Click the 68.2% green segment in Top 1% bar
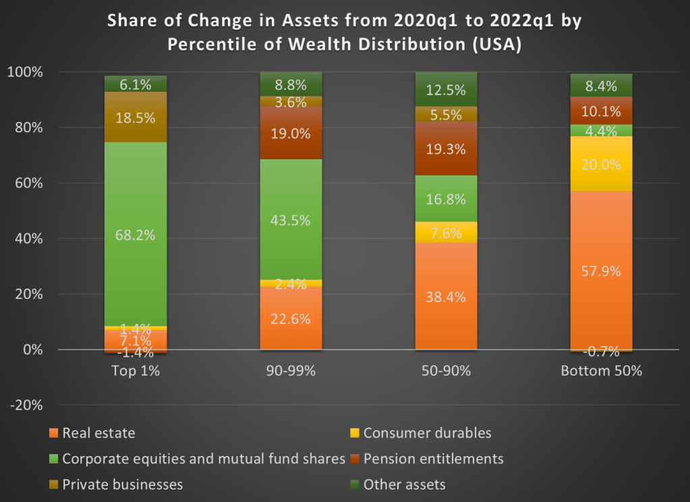pyautogui.click(x=136, y=234)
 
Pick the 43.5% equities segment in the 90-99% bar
pyautogui.click(x=291, y=219)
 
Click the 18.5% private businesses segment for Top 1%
pyautogui.click(x=136, y=117)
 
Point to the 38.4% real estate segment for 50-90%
pyautogui.click(x=447, y=296)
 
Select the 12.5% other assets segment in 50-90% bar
pyautogui.click(x=447, y=89)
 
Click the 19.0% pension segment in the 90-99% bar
pyautogui.click(x=291, y=133)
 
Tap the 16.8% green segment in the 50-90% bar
pyautogui.click(x=447, y=198)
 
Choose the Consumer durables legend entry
pyautogui.click(x=427, y=433)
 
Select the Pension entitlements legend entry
pyautogui.click(x=433, y=459)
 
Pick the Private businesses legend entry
pyautogui.click(x=122, y=484)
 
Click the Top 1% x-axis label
pyautogui.click(x=136, y=371)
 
